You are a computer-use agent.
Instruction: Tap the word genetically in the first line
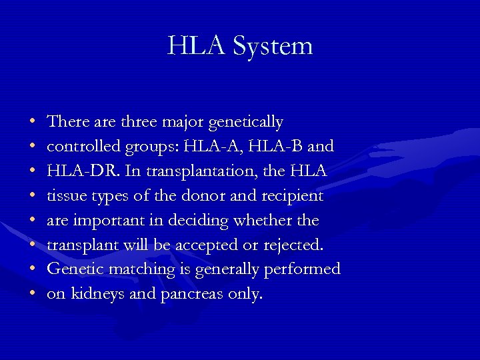(245, 123)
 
